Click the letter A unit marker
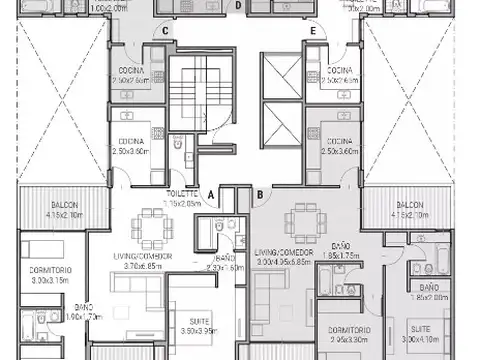(211, 194)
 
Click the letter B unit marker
(259, 194)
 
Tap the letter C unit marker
(166, 31)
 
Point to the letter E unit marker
(313, 31)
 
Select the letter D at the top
(239, 5)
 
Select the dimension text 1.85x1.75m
(340, 256)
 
